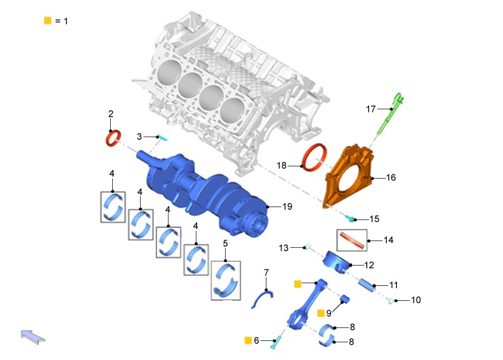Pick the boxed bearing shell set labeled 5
click(226, 281)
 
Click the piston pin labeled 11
click(367, 285)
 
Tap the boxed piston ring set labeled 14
click(352, 240)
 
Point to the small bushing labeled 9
click(345, 299)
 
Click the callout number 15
click(375, 219)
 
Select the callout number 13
click(283, 248)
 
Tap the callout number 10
click(416, 300)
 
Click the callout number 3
click(139, 137)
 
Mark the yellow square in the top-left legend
click(48, 20)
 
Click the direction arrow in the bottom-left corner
click(33, 337)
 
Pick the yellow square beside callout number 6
click(248, 340)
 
